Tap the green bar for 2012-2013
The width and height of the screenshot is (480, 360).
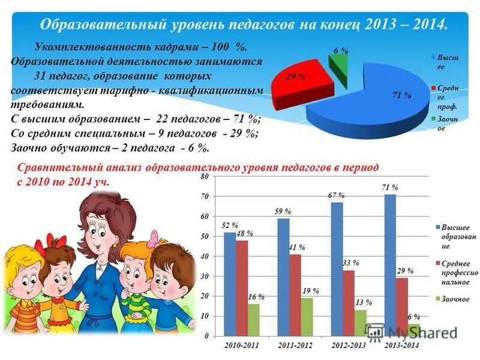tap(360, 323)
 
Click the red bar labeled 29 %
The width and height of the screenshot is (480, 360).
tap(402, 307)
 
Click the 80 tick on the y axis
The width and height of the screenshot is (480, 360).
tap(205, 177)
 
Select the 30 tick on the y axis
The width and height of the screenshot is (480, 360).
tap(205, 277)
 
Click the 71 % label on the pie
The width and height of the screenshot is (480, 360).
tap(401, 95)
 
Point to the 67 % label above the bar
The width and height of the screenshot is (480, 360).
tap(336, 196)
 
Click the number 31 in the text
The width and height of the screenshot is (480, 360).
tap(41, 76)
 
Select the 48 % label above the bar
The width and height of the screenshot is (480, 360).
tap(244, 233)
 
